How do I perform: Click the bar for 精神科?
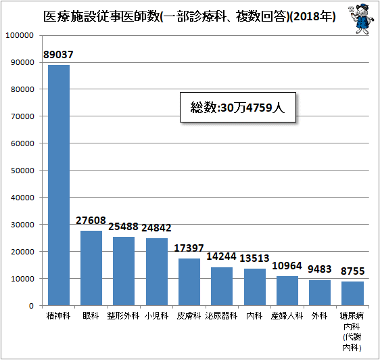(x=59, y=185)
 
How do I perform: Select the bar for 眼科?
(x=91, y=268)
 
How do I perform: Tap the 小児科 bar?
(x=157, y=272)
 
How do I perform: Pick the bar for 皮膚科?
(x=189, y=282)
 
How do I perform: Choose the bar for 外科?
(x=320, y=293)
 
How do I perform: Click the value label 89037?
(x=58, y=55)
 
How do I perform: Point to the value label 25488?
(x=123, y=227)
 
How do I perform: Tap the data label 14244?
(x=221, y=256)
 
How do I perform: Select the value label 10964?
(x=287, y=266)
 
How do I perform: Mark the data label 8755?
(x=352, y=271)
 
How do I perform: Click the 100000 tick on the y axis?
(x=20, y=35)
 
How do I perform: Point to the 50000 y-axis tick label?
(x=22, y=171)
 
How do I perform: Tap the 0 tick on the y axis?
(x=31, y=306)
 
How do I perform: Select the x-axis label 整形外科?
(x=123, y=316)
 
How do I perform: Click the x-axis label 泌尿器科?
(x=221, y=316)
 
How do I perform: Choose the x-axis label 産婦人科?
(x=287, y=316)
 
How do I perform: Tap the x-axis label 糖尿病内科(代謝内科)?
(x=352, y=332)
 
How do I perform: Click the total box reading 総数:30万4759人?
(x=238, y=107)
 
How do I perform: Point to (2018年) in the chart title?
(x=313, y=17)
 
